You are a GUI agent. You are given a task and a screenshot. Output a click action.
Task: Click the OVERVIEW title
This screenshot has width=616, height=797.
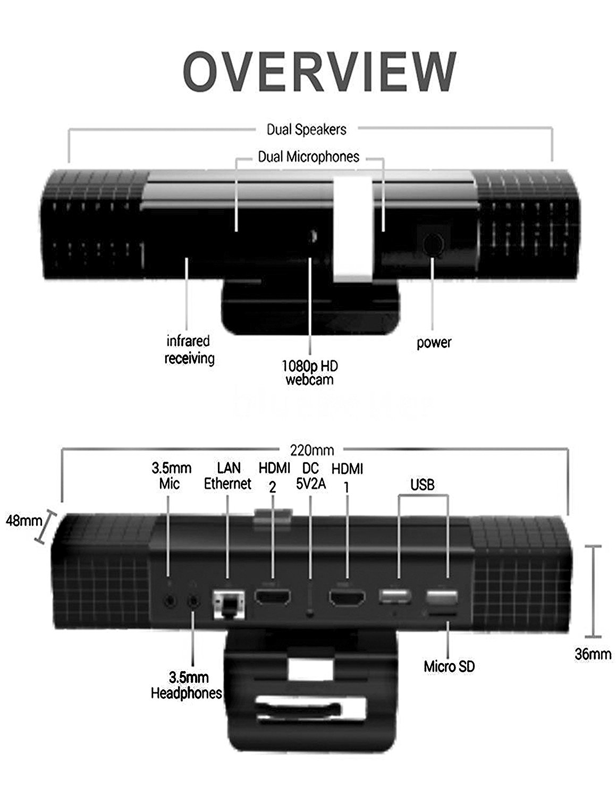(x=319, y=72)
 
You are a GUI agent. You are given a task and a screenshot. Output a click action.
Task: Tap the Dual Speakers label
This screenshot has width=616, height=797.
(x=306, y=130)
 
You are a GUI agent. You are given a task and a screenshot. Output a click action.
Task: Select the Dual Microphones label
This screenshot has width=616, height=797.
(x=309, y=157)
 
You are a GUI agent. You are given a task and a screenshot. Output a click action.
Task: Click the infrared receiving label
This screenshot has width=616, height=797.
(x=189, y=350)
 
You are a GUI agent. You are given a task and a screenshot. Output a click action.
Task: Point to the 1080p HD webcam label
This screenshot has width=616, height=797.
(x=310, y=372)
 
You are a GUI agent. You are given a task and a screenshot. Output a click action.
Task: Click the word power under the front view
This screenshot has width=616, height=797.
(x=434, y=343)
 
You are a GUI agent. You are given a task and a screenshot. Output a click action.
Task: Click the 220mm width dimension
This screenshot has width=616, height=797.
(x=312, y=450)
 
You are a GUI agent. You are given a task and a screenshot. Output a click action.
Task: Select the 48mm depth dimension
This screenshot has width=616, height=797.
(x=24, y=521)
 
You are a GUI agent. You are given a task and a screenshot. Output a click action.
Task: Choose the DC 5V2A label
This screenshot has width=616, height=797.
(x=311, y=476)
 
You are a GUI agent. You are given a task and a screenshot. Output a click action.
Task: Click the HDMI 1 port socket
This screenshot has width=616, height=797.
(x=347, y=598)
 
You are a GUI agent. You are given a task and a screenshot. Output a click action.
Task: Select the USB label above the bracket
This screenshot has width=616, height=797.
(x=423, y=485)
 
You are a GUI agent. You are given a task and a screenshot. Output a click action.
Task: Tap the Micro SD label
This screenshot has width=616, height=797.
(x=449, y=666)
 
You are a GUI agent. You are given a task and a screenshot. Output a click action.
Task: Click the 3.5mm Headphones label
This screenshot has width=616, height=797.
(x=187, y=685)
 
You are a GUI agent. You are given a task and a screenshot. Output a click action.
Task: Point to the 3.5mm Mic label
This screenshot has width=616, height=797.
(x=171, y=476)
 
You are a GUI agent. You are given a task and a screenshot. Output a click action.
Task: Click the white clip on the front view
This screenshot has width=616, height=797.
(x=352, y=228)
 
